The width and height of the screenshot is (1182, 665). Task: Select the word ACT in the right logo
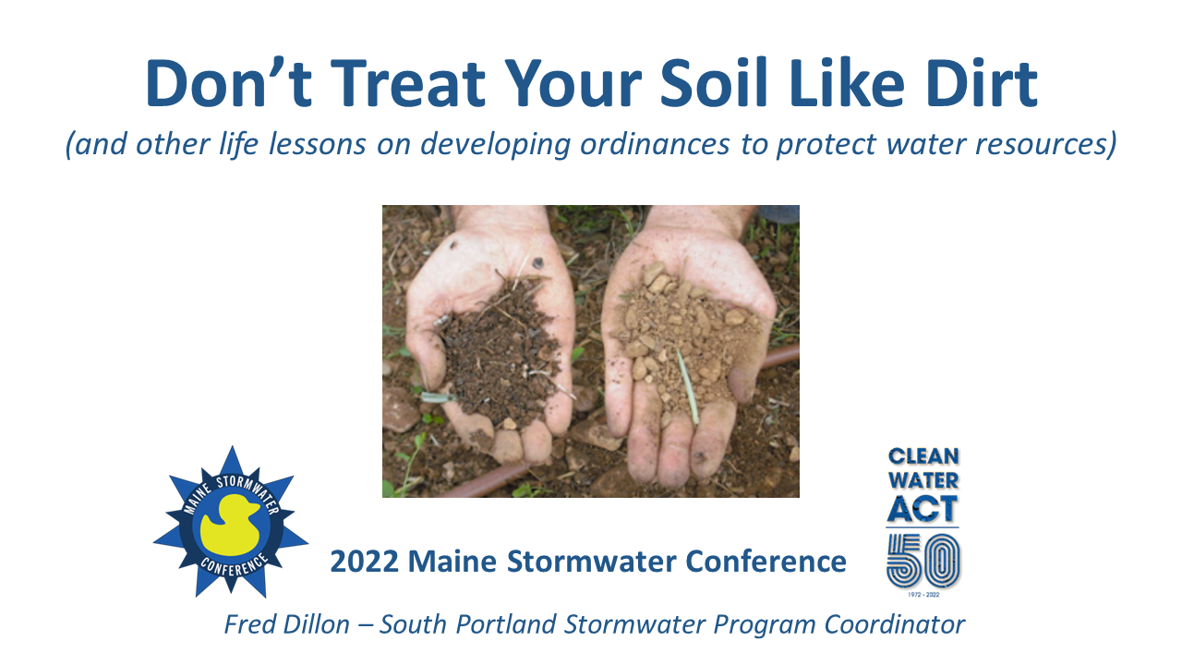click(923, 508)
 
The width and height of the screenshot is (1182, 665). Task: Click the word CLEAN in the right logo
click(923, 456)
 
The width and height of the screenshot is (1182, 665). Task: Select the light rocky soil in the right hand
click(688, 332)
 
